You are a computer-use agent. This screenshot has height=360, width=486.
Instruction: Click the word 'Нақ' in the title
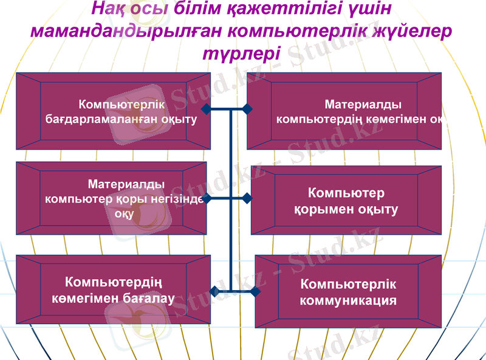coord(108,10)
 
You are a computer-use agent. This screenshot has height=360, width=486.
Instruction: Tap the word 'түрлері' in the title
coord(237,52)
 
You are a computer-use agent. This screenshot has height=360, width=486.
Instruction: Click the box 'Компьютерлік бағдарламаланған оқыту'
coord(114,111)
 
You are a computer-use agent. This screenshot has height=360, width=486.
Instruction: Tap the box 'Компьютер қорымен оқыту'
coord(346,201)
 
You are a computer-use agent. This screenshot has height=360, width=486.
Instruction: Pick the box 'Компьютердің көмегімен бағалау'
coord(113,289)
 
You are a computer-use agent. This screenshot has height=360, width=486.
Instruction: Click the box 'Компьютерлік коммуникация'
coord(348,292)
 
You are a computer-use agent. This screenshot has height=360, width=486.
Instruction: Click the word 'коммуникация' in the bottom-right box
coord(348,300)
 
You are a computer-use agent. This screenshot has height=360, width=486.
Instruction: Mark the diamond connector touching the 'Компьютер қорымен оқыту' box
coord(247,198)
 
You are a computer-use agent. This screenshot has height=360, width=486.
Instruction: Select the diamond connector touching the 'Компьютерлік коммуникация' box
coord(255,292)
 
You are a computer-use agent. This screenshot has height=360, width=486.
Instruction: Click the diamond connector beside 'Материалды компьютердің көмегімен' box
coord(247,109)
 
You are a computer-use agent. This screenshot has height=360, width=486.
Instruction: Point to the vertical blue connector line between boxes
coord(231,243)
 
